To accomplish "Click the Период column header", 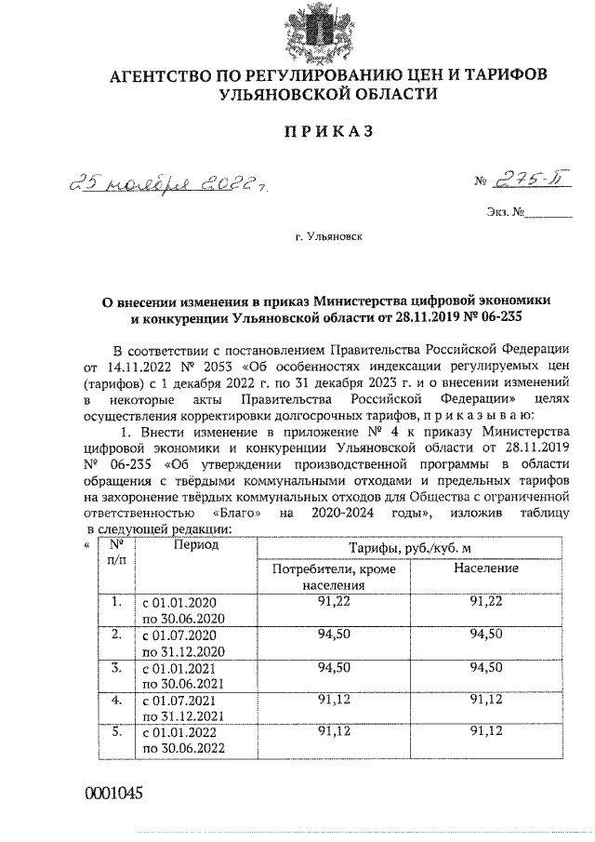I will pyautogui.click(x=194, y=544).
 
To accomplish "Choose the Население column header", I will pyautogui.click(x=486, y=568).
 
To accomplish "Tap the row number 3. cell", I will pyautogui.click(x=116, y=668).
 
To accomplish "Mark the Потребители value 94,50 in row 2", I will pyautogui.click(x=334, y=635).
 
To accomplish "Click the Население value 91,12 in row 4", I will pyautogui.click(x=486, y=699).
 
